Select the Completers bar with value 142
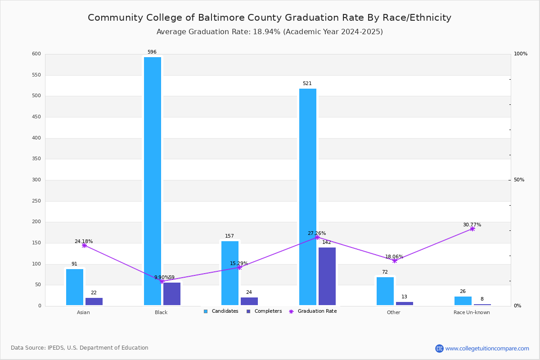coord(327,276)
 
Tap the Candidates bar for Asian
coord(75,287)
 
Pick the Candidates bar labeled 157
coord(230,273)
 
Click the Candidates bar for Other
coord(385,291)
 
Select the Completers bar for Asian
coord(94,301)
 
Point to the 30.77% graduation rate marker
coord(472,229)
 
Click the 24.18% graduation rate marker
coord(84,245)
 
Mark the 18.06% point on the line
coord(395,261)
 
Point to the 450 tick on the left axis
coord(36,117)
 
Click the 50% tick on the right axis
coord(519,180)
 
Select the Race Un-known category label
coord(472,312)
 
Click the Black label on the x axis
coord(161,312)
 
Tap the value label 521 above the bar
coord(307,84)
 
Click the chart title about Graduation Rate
coord(270,18)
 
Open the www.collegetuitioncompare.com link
coord(487,348)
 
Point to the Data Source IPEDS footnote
coord(80,348)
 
